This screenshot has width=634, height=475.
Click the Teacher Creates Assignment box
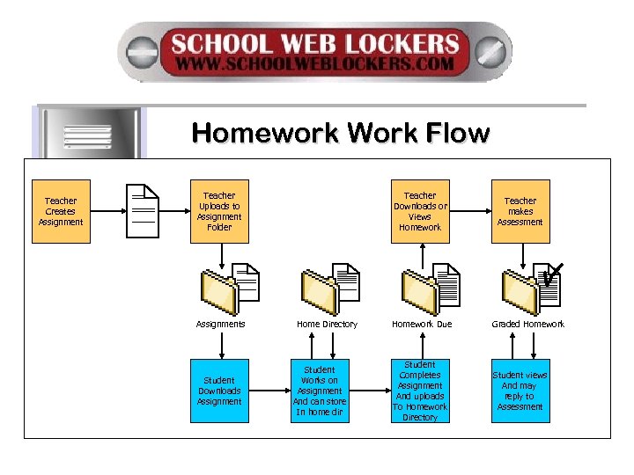pos(61,211)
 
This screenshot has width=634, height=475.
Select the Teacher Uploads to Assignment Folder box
pos(219,211)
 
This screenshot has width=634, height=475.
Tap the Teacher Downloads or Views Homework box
pos(420,211)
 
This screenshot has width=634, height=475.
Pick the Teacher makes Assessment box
pos(520,211)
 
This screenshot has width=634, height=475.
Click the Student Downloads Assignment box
pos(219,391)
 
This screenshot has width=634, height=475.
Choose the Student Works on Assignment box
pos(320,391)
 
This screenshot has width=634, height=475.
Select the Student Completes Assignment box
pos(420,391)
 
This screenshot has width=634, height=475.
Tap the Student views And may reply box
pos(520,391)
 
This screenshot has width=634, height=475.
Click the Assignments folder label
pos(220,325)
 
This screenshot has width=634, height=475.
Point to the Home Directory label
pos(327,325)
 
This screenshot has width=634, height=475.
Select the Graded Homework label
pos(528,325)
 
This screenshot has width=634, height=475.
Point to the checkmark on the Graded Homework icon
pos(553,274)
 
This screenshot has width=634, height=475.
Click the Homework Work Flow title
pos(340,134)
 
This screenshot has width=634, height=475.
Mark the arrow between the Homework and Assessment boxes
pos(468,211)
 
